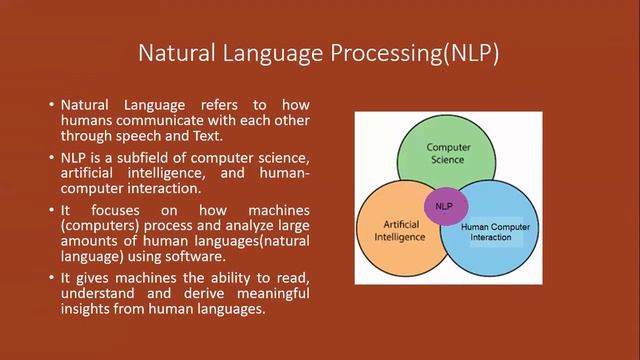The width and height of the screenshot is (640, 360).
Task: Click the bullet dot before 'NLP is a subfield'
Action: pos(50,159)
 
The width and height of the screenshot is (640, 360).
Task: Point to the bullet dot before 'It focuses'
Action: pos(50,212)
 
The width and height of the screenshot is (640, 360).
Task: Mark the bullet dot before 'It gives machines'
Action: pos(50,278)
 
